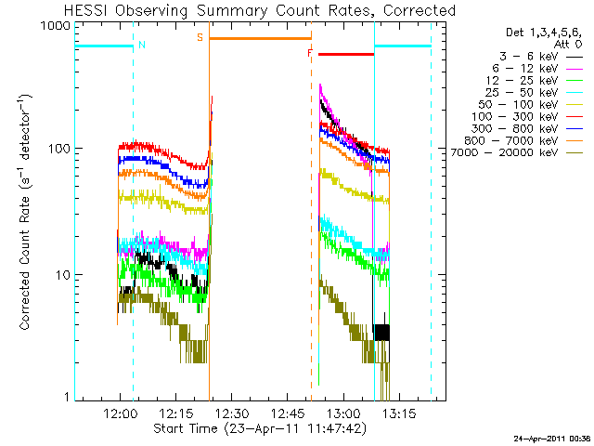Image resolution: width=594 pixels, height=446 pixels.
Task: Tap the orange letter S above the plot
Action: [200, 38]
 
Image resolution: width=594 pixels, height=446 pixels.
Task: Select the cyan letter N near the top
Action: [141, 45]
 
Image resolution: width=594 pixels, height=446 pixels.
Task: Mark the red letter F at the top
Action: [310, 53]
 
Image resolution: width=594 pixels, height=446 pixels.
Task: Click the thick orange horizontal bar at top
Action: [260, 38]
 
